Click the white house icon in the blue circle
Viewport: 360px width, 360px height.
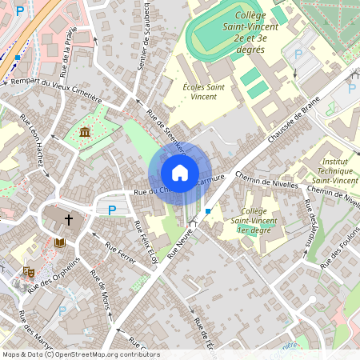tap(180, 173)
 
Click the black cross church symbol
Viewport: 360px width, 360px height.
tap(69, 218)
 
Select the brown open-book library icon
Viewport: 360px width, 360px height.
tap(59, 242)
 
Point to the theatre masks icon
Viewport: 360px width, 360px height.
tap(27, 273)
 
